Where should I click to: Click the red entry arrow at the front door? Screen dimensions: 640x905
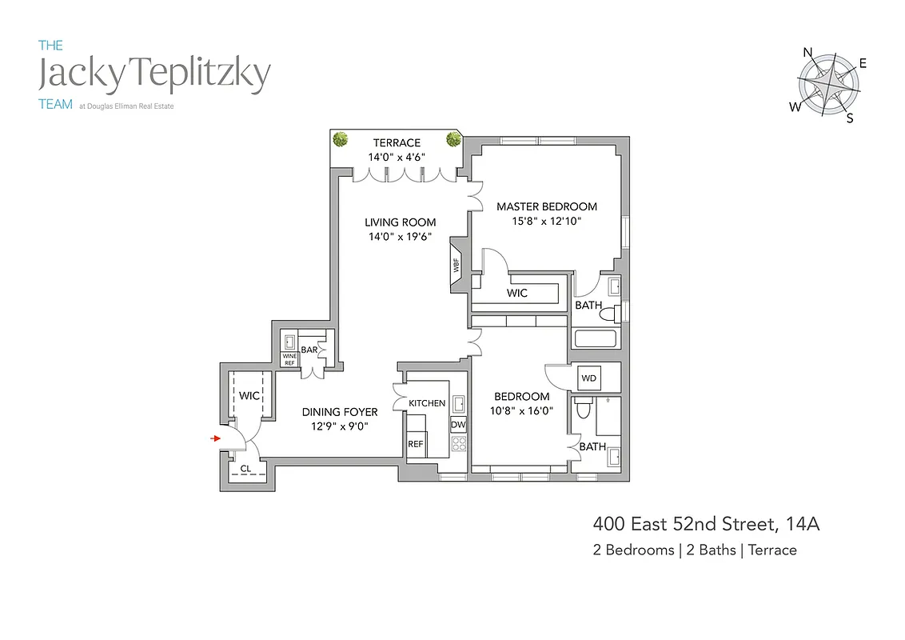215,438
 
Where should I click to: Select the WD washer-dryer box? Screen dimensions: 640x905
588,378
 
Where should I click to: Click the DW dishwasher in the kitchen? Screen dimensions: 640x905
459,425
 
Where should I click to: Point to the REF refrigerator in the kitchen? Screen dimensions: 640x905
416,443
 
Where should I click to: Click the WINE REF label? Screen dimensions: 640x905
289,359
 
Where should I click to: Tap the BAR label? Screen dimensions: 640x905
309,350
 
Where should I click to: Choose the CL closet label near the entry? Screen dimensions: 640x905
245,469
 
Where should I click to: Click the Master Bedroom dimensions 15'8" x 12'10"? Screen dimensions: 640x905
546,221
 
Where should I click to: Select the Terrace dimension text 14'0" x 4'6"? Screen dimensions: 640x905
396,158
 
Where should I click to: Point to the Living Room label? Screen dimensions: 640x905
401,222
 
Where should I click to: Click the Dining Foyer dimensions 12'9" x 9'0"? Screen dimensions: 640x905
340,426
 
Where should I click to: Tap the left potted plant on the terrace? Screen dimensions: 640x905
341,138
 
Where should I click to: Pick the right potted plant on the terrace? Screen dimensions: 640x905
453,138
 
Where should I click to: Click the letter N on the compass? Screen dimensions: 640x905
808,54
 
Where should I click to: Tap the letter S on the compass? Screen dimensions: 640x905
850,118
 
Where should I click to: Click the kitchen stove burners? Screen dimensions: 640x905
459,443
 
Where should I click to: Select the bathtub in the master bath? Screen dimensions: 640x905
596,337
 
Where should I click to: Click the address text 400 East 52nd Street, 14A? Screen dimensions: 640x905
706,525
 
